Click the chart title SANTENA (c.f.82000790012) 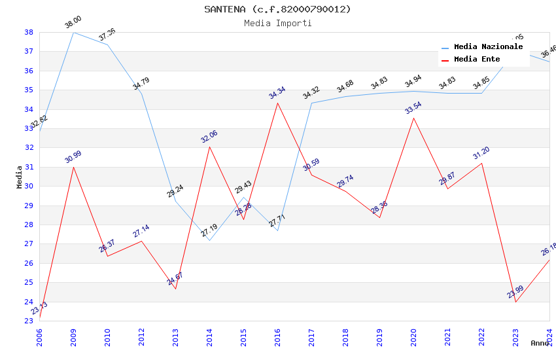point(277,9)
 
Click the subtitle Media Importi point(277,23)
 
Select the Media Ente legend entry point(477,60)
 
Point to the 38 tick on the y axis point(29,32)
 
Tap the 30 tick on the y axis point(29,187)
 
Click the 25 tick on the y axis point(29,283)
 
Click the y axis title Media point(19,177)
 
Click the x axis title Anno point(540,343)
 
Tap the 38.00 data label point(73,23)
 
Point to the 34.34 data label point(277,93)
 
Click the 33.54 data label point(413,108)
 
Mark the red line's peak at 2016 point(277,103)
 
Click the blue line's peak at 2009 point(73,32)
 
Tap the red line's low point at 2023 point(515,302)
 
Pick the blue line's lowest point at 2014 point(209,240)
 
